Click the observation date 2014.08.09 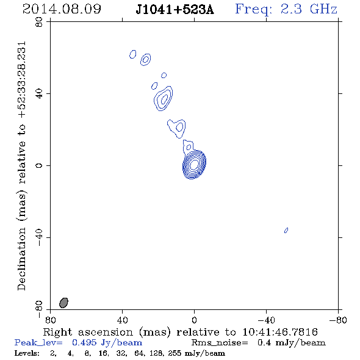coord(62,9)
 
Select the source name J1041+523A coord(175,10)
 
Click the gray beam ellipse coord(63,303)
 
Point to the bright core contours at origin coord(194,164)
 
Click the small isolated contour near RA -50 coord(286,230)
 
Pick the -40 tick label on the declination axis coord(39,237)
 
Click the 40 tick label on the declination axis coord(39,94)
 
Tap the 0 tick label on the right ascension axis coord(194,320)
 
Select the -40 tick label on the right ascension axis coord(266,320)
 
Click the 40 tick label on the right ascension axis coord(122,320)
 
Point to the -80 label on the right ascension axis coord(338,320)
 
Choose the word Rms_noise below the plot coord(220,343)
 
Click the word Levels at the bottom coord(27,353)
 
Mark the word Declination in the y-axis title coord(21,259)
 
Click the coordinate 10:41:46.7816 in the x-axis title coord(280,332)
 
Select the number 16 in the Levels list coord(103,353)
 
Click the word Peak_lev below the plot coord(38,343)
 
